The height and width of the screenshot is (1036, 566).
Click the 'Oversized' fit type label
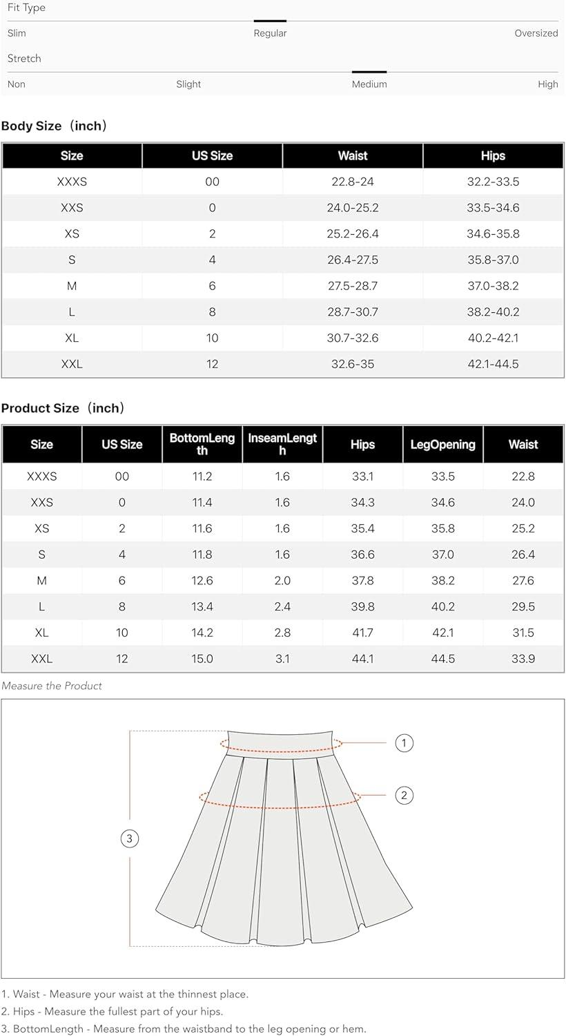point(536,33)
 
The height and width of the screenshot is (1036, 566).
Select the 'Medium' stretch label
point(369,84)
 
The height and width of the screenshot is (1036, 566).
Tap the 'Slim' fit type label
point(17,33)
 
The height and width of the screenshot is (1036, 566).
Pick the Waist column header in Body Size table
point(353,156)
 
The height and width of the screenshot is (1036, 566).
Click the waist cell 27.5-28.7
point(353,286)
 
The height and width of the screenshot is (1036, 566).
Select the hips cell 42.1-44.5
point(493,364)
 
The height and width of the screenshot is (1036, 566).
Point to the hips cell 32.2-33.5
point(493,182)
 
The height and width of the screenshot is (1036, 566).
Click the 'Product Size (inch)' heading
point(63,408)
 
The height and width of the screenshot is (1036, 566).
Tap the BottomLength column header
point(202,444)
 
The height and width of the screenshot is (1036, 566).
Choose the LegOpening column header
point(442,445)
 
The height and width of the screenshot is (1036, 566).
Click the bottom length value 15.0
point(202,659)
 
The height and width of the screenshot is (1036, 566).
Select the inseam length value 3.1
point(282,659)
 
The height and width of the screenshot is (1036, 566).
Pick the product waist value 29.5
point(523,606)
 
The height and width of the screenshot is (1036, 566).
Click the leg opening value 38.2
point(442,581)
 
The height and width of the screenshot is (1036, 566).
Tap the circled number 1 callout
point(404,743)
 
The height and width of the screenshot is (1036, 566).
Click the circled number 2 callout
point(404,795)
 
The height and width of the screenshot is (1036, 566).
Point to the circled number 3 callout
point(130,838)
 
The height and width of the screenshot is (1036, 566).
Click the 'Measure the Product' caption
point(52,686)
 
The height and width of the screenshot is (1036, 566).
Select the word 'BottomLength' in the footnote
point(46,1029)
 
